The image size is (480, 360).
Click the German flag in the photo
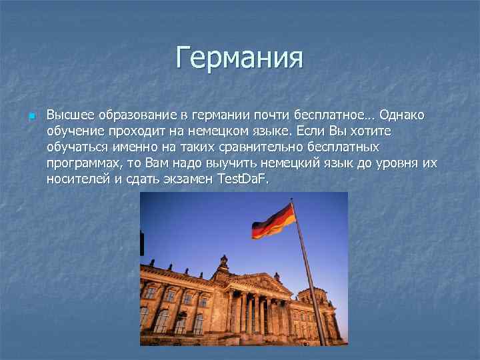[x=273, y=221]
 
